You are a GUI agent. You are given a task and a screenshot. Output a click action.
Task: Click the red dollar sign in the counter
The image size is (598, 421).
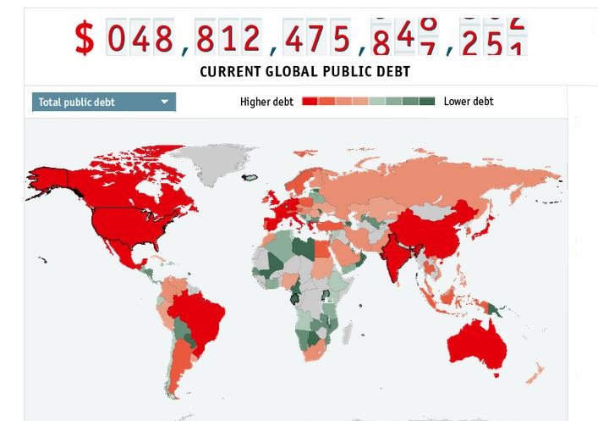pyautogui.click(x=85, y=38)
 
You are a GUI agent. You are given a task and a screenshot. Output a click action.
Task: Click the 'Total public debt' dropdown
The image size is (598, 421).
pyautogui.click(x=103, y=102)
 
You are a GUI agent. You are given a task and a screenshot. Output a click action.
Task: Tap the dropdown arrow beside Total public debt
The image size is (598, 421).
pyautogui.click(x=165, y=102)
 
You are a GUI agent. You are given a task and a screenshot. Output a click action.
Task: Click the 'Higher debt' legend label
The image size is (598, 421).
pyautogui.click(x=266, y=102)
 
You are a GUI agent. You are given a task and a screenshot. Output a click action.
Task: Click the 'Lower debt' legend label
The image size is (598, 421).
pyautogui.click(x=468, y=102)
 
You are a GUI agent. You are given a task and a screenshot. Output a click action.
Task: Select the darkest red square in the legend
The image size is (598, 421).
pyautogui.click(x=310, y=102)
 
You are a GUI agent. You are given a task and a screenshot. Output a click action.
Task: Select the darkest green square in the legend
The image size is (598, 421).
pyautogui.click(x=427, y=102)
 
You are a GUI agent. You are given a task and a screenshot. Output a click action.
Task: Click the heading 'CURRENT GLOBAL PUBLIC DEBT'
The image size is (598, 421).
pyautogui.click(x=304, y=72)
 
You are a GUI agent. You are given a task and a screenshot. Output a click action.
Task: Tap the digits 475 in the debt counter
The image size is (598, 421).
pyautogui.click(x=316, y=39)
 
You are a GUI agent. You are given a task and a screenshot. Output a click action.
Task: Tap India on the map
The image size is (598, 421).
pyautogui.click(x=392, y=254)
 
